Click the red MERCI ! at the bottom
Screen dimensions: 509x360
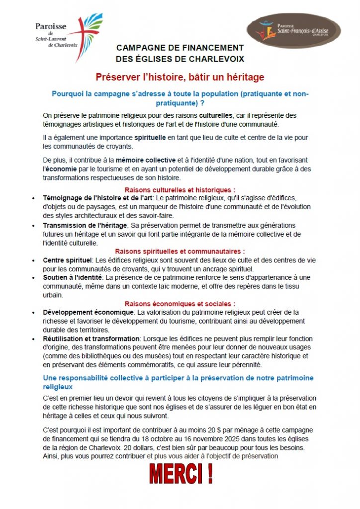pyautogui.click(x=180, y=475)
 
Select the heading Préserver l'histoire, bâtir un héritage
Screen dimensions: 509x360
pyautogui.click(x=180, y=78)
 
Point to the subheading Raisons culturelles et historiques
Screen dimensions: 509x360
pyautogui.click(x=180, y=190)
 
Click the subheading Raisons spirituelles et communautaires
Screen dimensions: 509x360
pyautogui.click(x=180, y=252)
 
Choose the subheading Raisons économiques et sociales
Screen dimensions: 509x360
pyautogui.click(x=180, y=304)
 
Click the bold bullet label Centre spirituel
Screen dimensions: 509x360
pyautogui.click(x=68, y=260)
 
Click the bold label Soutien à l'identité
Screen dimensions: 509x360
pyautogui.click(x=73, y=277)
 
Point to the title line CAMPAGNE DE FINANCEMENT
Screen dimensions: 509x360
pyautogui.click(x=180, y=48)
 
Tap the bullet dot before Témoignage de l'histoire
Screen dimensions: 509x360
pyautogui.click(x=33, y=198)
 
